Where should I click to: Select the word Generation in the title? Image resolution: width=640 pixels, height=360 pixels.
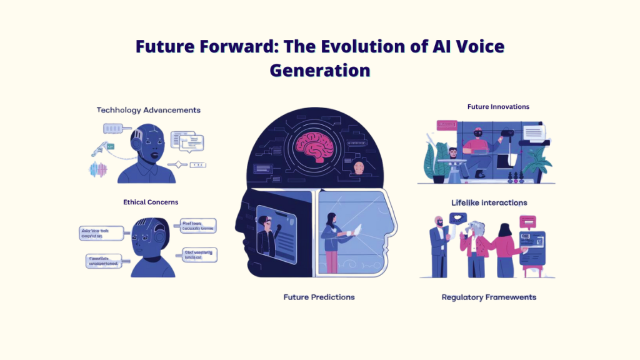pyautogui.click(x=319, y=70)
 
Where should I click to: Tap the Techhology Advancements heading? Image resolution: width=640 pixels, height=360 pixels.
pyautogui.click(x=148, y=110)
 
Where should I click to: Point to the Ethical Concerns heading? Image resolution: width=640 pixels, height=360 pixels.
pyautogui.click(x=151, y=202)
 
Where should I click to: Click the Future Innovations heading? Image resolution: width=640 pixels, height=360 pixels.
pyautogui.click(x=498, y=107)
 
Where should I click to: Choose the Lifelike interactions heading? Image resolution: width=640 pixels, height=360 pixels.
pyautogui.click(x=489, y=202)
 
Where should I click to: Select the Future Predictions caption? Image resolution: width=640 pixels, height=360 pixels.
pyautogui.click(x=319, y=297)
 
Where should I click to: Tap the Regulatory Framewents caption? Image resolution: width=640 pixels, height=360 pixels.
pyautogui.click(x=489, y=297)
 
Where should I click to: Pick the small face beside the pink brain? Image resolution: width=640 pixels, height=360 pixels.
pyautogui.click(x=359, y=167)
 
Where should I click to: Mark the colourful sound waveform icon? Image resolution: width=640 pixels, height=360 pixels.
pyautogui.click(x=99, y=169)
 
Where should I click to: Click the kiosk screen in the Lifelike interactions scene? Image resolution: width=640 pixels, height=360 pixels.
pyautogui.click(x=532, y=244)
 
